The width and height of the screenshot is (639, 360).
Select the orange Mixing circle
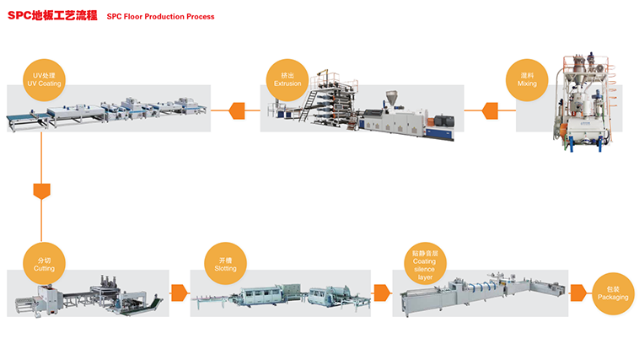527,80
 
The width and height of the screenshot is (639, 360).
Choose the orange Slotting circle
225,264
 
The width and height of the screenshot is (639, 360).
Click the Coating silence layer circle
425,264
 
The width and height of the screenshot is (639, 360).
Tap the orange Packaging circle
612,293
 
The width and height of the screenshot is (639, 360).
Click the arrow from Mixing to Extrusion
490,110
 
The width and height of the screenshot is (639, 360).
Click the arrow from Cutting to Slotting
179,293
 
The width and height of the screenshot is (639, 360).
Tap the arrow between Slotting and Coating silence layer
381,293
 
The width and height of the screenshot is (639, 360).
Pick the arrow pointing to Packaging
578,293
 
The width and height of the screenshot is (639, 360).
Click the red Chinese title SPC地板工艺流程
51,15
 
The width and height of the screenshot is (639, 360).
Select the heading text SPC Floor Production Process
160,16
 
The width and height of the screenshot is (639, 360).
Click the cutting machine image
89,295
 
